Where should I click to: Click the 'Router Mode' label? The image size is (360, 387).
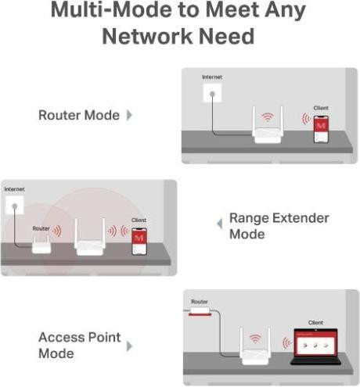click(79, 115)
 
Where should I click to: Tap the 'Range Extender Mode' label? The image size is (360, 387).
click(279, 226)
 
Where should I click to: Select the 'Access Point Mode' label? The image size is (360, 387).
click(80, 345)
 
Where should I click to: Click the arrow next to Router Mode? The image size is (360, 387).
click(129, 115)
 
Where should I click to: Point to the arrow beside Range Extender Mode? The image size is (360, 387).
click(220, 224)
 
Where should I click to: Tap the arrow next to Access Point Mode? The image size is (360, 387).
click(129, 346)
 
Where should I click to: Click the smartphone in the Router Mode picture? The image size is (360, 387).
click(321, 129)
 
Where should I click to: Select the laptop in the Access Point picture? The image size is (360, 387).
click(316, 346)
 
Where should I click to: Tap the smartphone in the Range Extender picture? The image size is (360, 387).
click(139, 242)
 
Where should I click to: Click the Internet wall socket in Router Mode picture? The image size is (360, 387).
click(212, 93)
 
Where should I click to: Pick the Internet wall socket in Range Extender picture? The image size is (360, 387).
click(15, 205)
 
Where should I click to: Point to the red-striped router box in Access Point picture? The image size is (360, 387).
click(200, 311)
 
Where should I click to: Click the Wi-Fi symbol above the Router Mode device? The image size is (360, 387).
click(268, 117)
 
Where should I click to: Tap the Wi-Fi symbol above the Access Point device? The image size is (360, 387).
click(255, 339)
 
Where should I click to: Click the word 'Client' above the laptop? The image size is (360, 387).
click(315, 323)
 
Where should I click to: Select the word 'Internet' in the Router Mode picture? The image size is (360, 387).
click(212, 77)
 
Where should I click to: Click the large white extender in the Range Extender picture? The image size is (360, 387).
click(90, 237)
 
